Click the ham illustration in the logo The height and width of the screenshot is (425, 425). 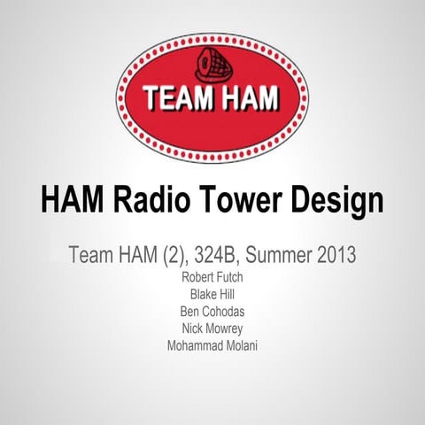tap(213, 65)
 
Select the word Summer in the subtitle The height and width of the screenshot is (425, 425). tap(285, 256)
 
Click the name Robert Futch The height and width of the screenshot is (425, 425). tap(212, 278)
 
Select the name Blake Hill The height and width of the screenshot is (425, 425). tap(212, 295)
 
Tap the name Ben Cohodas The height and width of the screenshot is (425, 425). tap(212, 312)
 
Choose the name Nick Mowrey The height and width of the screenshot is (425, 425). tap(212, 328)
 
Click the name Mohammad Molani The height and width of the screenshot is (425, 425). tap(212, 345)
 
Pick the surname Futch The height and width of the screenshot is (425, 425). tap(229, 278)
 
